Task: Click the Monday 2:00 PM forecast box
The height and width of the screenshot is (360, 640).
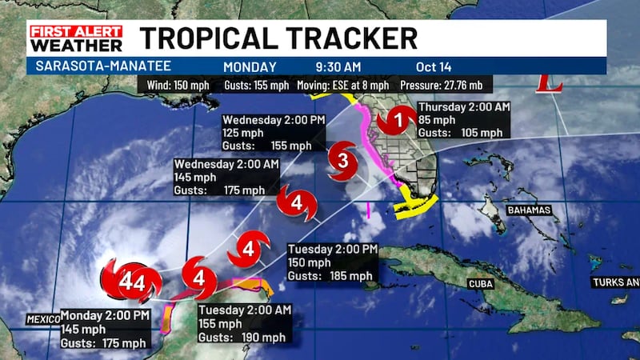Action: click(104, 328)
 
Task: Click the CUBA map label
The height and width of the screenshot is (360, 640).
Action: click(480, 284)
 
